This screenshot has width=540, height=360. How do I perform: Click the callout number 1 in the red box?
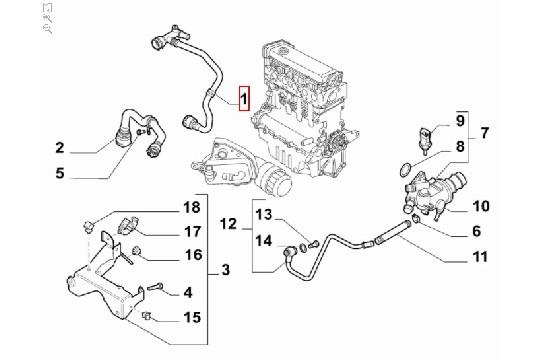pos(242,98)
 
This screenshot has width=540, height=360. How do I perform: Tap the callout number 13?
pos(263,214)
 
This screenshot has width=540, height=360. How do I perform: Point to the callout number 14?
pos(263,239)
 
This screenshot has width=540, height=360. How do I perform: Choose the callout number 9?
pos(462,121)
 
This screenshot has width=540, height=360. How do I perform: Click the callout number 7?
pos(485,132)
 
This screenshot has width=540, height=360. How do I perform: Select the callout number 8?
pos(462,146)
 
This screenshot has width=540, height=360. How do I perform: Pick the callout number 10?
pos(481,207)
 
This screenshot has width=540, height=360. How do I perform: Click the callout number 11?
pos(481,257)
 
